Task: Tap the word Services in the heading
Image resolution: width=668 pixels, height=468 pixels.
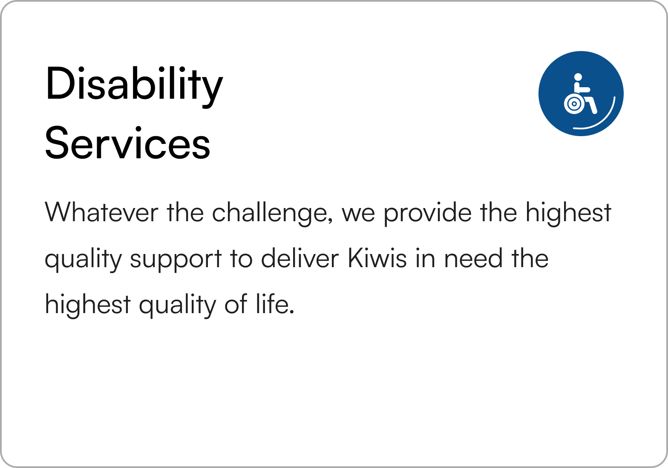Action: click(x=128, y=143)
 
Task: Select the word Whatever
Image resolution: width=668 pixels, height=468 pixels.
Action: click(x=101, y=212)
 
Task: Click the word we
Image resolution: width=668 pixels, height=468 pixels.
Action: click(x=358, y=214)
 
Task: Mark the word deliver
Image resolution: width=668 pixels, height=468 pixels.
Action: click(x=300, y=258)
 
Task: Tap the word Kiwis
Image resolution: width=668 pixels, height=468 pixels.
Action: click(x=377, y=258)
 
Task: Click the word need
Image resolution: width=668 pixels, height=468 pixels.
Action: click(x=473, y=258)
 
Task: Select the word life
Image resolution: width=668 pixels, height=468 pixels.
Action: click(x=272, y=304)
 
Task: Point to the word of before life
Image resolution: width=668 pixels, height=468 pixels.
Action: click(x=236, y=304)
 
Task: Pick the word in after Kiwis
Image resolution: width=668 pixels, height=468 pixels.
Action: click(x=425, y=258)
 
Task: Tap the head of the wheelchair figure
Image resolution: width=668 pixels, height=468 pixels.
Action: click(x=578, y=77)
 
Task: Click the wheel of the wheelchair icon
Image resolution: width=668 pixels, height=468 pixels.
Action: click(x=574, y=104)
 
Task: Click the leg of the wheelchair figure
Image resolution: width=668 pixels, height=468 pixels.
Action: click(x=592, y=106)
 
